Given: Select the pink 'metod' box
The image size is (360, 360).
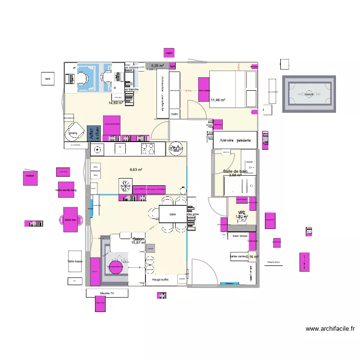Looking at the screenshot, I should pyautogui.click(x=31, y=176).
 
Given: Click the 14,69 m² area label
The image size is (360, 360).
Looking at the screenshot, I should pyautogui.click(x=115, y=103).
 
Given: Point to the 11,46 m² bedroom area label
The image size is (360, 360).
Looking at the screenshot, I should pyautogui.click(x=218, y=100).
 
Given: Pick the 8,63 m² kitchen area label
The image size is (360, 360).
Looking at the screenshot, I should pyautogui.click(x=136, y=169).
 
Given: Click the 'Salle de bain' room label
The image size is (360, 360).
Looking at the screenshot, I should pyautogui.click(x=235, y=171).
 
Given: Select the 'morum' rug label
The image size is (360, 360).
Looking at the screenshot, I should pyautogui.click(x=309, y=94).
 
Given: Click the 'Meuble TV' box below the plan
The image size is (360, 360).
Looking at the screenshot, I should pyautogui.click(x=107, y=293).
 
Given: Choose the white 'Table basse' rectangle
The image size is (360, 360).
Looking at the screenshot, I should pyautogui.click(x=75, y=262).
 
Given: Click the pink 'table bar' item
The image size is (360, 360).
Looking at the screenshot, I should pyautogui.click(x=71, y=220).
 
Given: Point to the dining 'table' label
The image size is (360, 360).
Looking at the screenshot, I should pyautogui.click(x=172, y=215).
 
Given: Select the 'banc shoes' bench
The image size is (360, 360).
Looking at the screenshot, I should pyautogui.click(x=240, y=236).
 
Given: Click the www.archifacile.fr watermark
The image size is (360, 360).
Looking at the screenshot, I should pyautogui.click(x=330, y=329).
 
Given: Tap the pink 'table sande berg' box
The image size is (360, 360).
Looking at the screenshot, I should pyautogui.click(x=66, y=190).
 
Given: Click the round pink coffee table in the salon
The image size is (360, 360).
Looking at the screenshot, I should pyautogui.click(x=116, y=268).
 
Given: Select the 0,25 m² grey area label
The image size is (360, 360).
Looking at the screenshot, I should pyautogui.click(x=157, y=66).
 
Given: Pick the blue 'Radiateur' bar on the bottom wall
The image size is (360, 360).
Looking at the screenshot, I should pyautogui.click(x=229, y=284).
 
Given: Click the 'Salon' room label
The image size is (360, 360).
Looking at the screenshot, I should pyautogui.click(x=138, y=239).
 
